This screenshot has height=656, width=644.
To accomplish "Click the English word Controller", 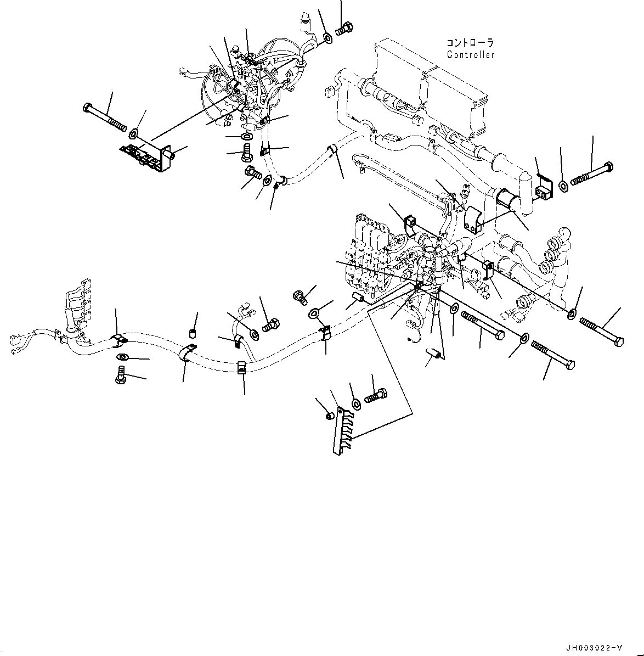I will (471, 55).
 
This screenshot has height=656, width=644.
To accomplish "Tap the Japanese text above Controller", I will (470, 43).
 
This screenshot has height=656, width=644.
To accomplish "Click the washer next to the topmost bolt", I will (327, 38).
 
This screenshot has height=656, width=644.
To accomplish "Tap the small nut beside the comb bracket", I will (330, 417).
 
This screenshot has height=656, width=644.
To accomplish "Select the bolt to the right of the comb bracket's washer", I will (376, 396).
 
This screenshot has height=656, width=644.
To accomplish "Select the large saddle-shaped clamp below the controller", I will (471, 220).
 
